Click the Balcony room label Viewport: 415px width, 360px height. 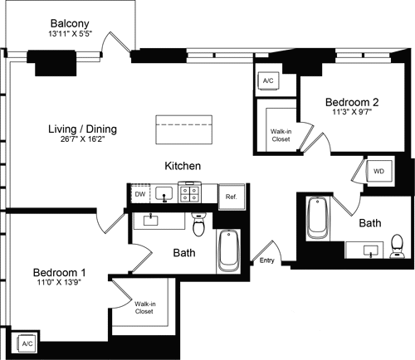point(71,22)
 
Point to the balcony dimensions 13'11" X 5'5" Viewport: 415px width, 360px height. point(71,34)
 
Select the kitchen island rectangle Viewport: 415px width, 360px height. point(184,127)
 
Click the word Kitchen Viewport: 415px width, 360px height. point(183,166)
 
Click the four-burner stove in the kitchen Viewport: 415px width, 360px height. point(188,195)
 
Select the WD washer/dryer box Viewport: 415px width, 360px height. point(378,171)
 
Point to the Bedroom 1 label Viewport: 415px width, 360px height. point(59,272)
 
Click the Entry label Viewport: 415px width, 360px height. point(266,260)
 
